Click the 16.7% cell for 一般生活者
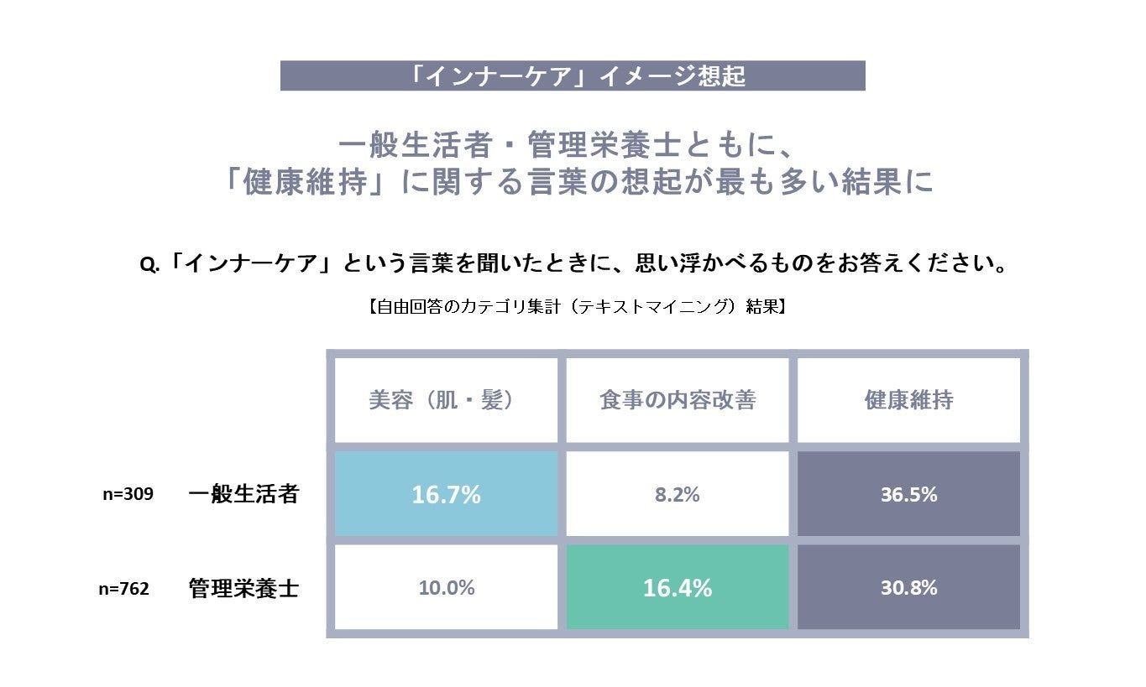446,494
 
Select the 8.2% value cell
677,494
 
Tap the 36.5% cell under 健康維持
908,494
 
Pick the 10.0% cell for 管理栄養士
446,588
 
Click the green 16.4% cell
677,588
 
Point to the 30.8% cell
908,588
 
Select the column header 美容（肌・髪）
441,401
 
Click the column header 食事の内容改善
678,401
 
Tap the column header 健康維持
908,401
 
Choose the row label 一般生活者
243,494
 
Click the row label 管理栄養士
243,588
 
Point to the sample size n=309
128,494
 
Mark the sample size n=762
124,589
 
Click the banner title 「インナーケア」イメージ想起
573,76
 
